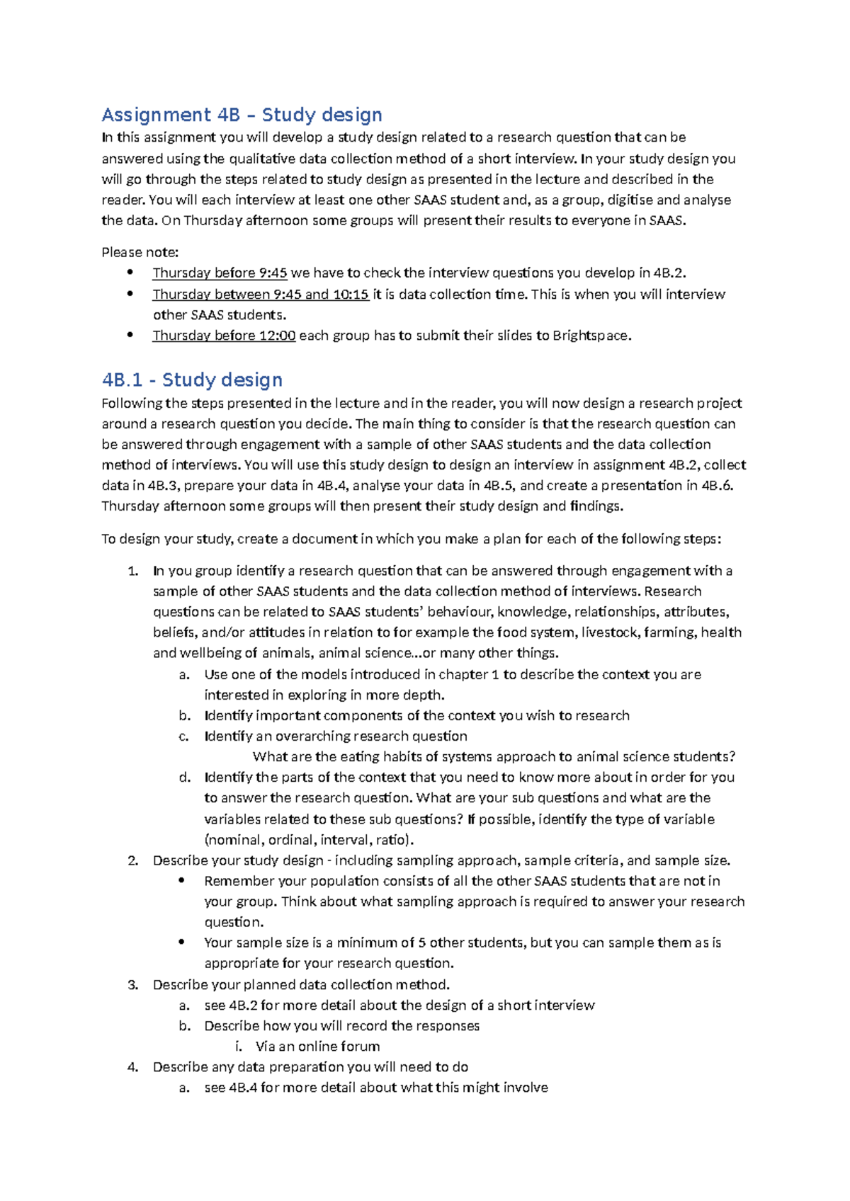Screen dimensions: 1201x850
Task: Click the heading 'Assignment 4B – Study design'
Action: pyautogui.click(x=242, y=115)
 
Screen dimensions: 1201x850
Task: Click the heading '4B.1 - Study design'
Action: pyautogui.click(x=192, y=380)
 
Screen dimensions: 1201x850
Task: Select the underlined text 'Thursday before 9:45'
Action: pyautogui.click(x=220, y=273)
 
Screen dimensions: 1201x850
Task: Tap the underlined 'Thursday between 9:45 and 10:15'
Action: pyautogui.click(x=261, y=294)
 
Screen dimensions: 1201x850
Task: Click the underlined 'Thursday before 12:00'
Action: pyautogui.click(x=224, y=336)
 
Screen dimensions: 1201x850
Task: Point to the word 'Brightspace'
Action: pyautogui.click(x=590, y=336)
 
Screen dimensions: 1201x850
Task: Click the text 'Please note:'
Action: pyautogui.click(x=140, y=252)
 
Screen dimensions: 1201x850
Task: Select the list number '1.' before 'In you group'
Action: pyautogui.click(x=132, y=571)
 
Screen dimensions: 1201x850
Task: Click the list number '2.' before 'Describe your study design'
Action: pyautogui.click(x=132, y=860)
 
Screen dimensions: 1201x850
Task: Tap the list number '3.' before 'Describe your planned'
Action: pyautogui.click(x=132, y=984)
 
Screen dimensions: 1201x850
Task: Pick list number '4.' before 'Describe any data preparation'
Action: pyautogui.click(x=132, y=1066)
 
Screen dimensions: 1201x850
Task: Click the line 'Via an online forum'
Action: pyautogui.click(x=317, y=1046)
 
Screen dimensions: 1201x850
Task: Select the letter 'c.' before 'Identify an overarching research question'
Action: pyautogui.click(x=184, y=736)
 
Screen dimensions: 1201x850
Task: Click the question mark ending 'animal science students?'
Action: pyautogui.click(x=732, y=756)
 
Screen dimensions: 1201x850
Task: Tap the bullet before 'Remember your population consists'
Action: pyautogui.click(x=182, y=880)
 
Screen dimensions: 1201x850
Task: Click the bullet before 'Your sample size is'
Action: pyautogui.click(x=182, y=942)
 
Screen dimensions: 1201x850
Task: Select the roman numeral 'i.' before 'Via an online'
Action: pyautogui.click(x=239, y=1046)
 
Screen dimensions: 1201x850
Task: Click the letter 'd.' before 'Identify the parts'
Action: pyautogui.click(x=185, y=777)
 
